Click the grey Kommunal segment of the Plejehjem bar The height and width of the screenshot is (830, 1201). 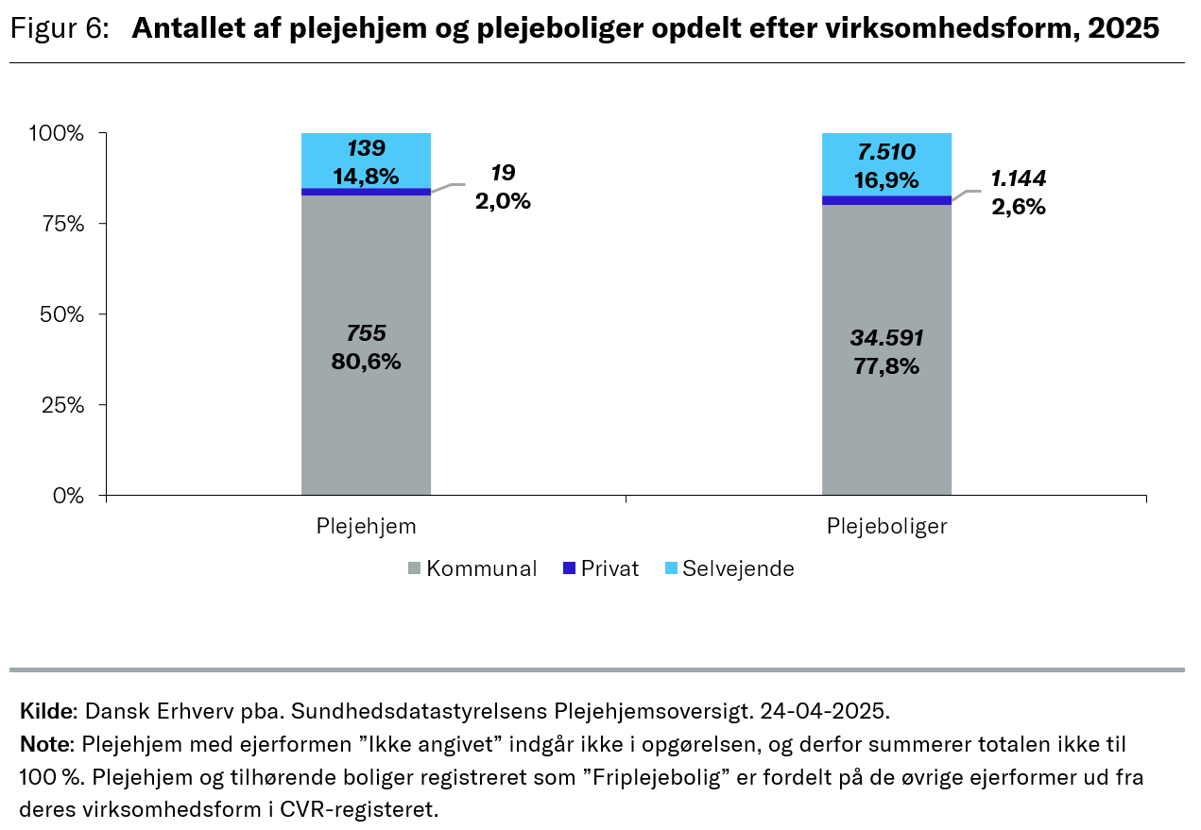pos(366,415)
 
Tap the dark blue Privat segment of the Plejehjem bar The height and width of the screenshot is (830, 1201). pos(366,192)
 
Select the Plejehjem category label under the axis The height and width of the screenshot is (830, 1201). pos(366,526)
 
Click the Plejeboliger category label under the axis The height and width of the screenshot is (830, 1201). pos(886,526)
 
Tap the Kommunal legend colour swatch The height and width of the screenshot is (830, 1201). pos(414,569)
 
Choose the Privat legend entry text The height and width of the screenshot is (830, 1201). pos(609,569)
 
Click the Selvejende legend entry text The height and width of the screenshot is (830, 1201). pos(738,569)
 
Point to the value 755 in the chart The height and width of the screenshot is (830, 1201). pos(366,333)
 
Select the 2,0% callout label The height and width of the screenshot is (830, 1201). pos(502,201)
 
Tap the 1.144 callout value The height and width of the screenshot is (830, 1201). pos(1019,178)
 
